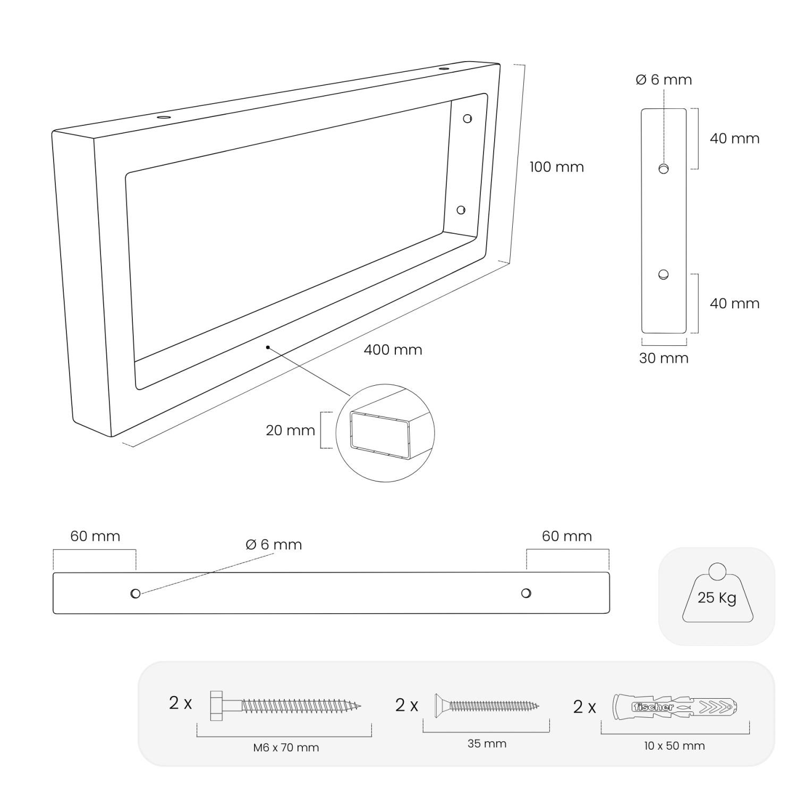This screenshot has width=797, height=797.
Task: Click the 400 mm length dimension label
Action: [393, 350]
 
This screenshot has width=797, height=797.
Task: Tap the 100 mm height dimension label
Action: [556, 167]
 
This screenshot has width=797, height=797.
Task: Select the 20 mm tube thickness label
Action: [290, 430]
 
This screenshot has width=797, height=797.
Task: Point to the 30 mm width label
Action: [664, 358]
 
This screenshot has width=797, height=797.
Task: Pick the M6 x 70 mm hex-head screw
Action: [285, 706]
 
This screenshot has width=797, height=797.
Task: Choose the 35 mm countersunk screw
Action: [487, 706]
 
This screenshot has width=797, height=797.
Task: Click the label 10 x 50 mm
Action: [674, 745]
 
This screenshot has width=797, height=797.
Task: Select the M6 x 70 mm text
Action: [286, 748]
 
